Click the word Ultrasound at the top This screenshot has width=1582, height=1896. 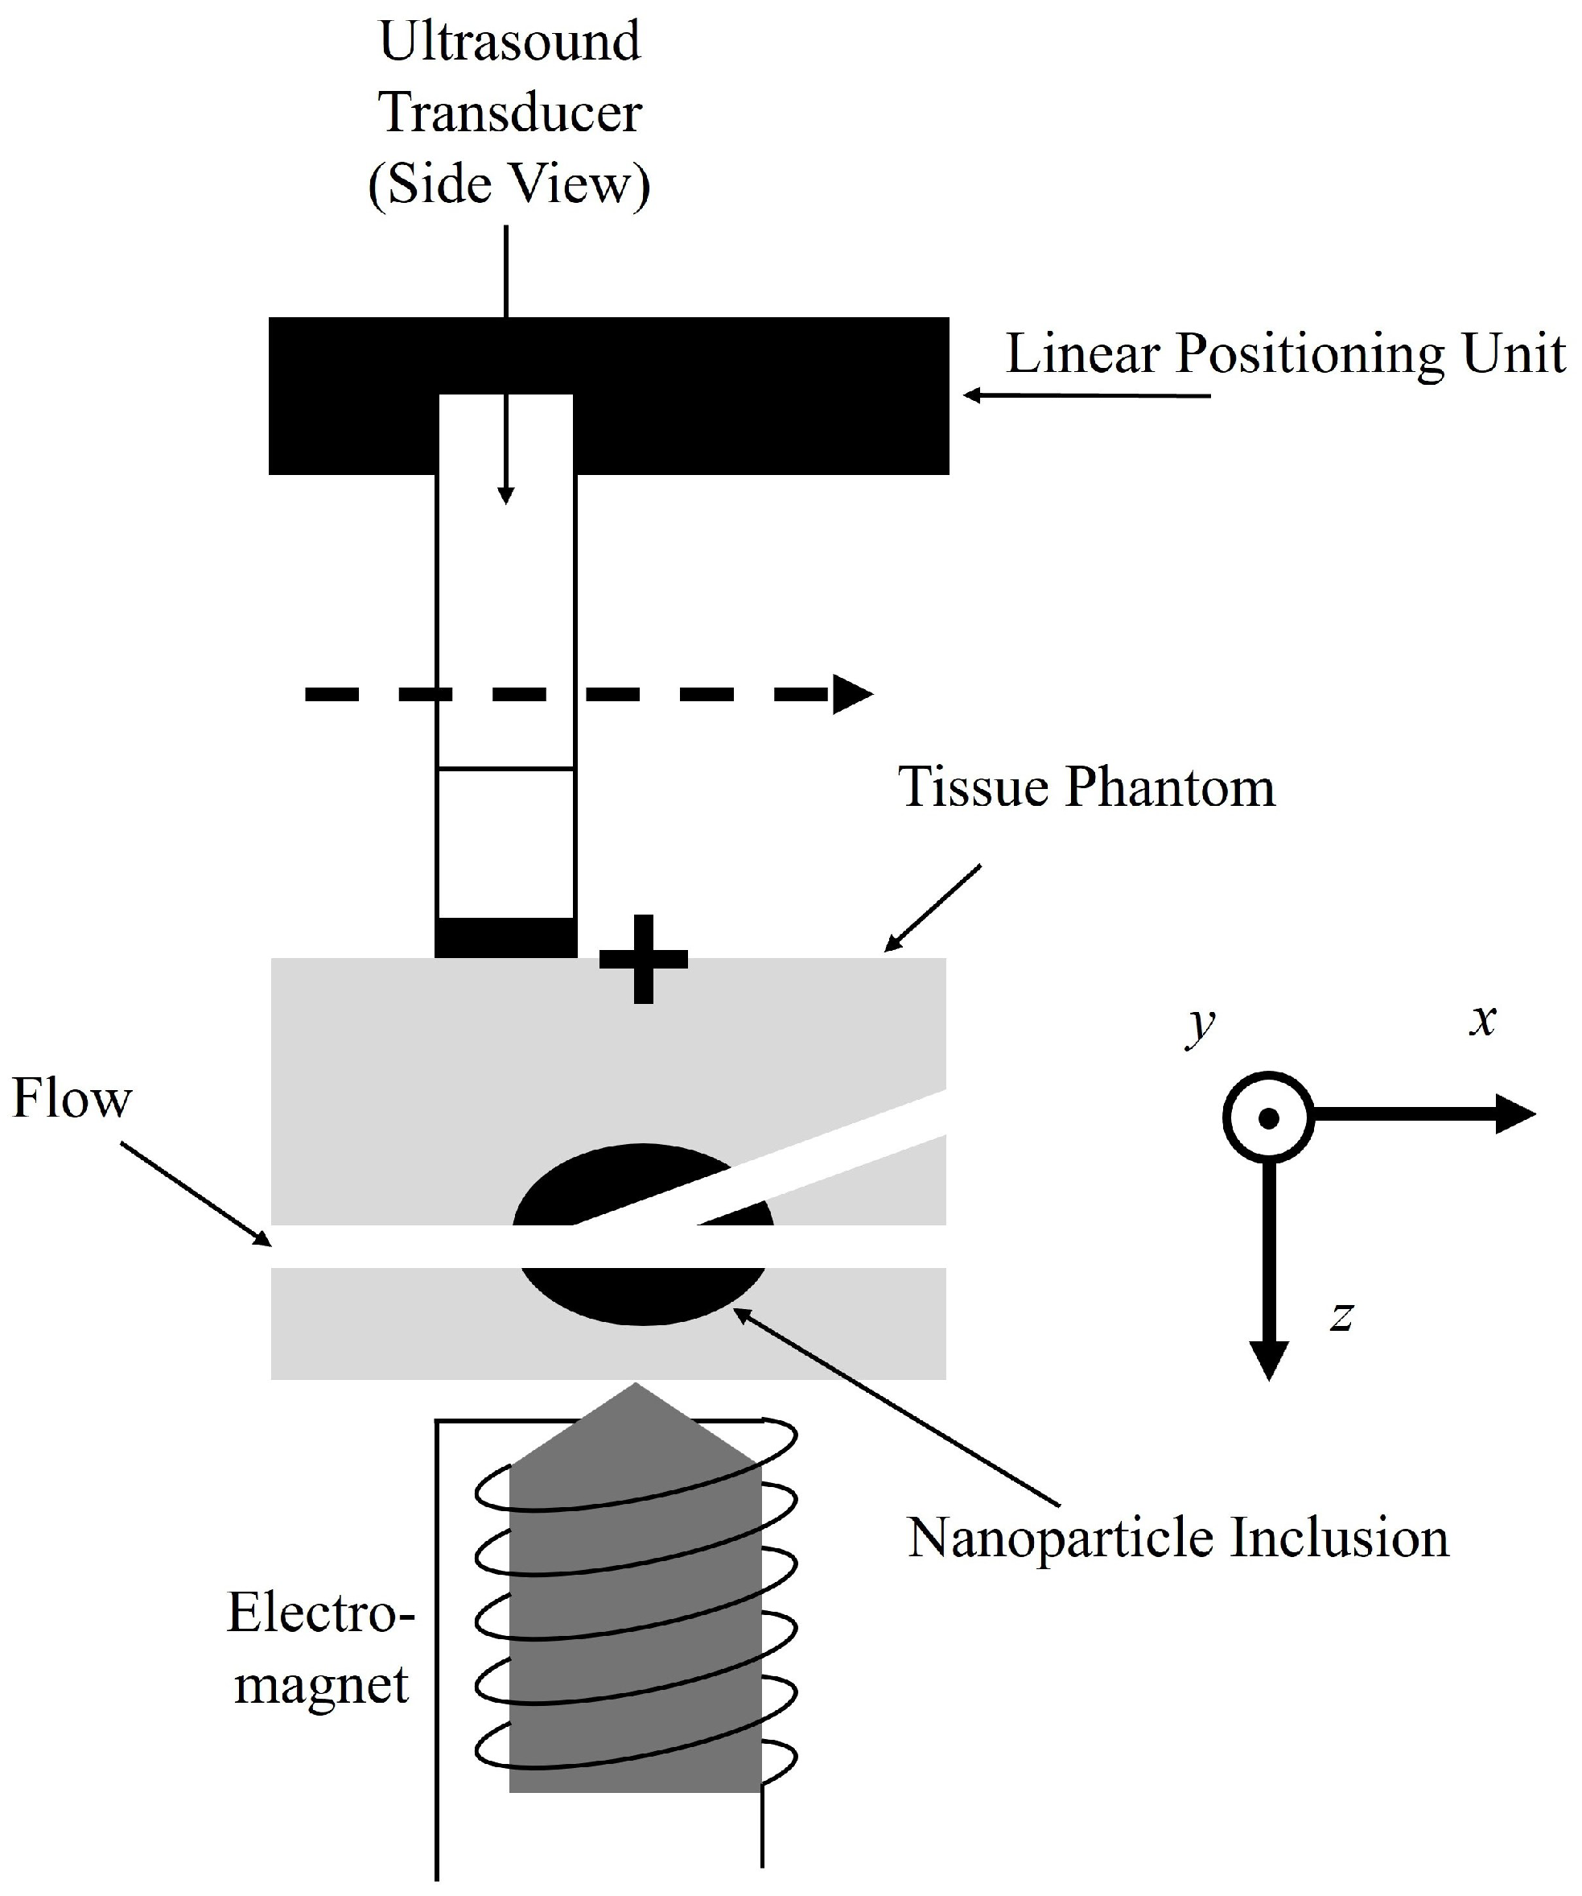(x=510, y=43)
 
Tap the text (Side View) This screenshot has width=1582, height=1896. (x=510, y=185)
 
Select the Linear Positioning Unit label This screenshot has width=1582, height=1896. (x=1285, y=355)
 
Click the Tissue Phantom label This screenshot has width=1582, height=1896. (x=1086, y=787)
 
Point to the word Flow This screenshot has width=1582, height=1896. (x=72, y=1099)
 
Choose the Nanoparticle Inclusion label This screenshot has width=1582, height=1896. (x=1178, y=1538)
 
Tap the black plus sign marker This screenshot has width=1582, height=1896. (x=644, y=959)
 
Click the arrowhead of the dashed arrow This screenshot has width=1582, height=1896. (x=852, y=694)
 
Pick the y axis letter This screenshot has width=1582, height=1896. (x=1201, y=1025)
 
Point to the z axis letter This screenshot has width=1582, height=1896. (x=1342, y=1316)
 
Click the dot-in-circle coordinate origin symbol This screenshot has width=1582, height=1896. (x=1268, y=1117)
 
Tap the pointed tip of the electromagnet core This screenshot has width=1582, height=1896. (x=637, y=1384)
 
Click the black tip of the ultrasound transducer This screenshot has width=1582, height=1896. (x=506, y=937)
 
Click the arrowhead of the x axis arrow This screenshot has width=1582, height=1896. (x=1516, y=1114)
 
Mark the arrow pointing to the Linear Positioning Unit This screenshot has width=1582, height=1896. (x=1086, y=395)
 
